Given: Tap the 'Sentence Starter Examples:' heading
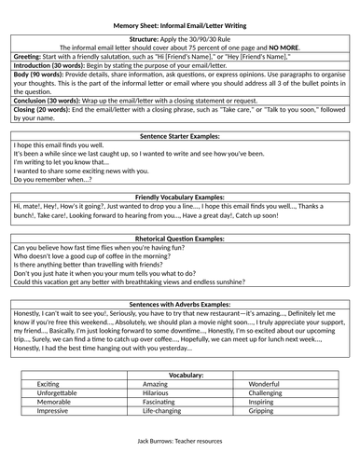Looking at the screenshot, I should click(179, 135).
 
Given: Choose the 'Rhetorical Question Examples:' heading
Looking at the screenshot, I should click(179, 238).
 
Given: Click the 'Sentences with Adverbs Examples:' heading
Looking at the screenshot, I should click(179, 304).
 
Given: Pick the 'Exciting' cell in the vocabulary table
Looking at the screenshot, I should click(48, 383).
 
